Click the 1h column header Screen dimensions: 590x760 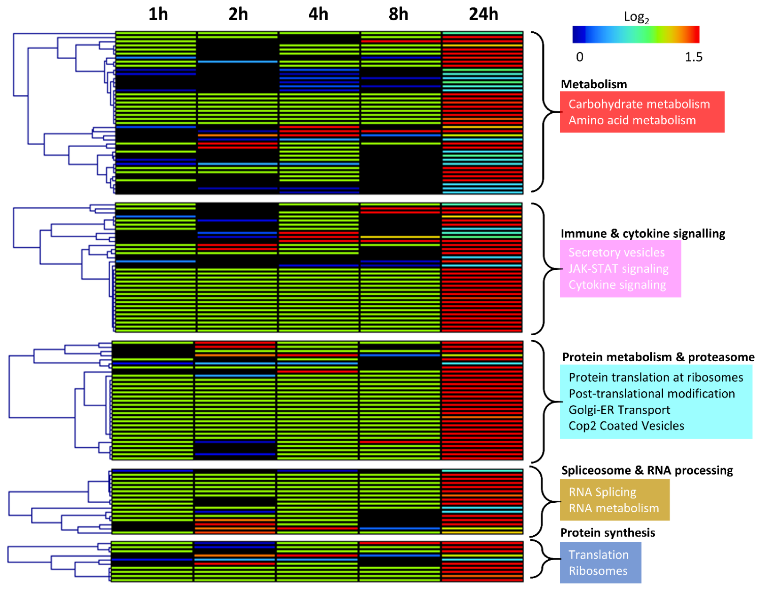pyautogui.click(x=158, y=15)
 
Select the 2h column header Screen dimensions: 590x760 pyautogui.click(x=238, y=15)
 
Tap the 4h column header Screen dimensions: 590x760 pyautogui.click(x=318, y=15)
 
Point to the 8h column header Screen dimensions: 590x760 pyautogui.click(x=398, y=15)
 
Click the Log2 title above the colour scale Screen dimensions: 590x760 pyautogui.click(x=636, y=17)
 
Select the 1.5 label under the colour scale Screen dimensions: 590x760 pyautogui.click(x=694, y=57)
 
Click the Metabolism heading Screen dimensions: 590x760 pyautogui.click(x=594, y=84)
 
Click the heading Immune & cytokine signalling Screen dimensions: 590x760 pyautogui.click(x=643, y=233)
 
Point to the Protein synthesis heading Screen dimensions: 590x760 pyautogui.click(x=608, y=532)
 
